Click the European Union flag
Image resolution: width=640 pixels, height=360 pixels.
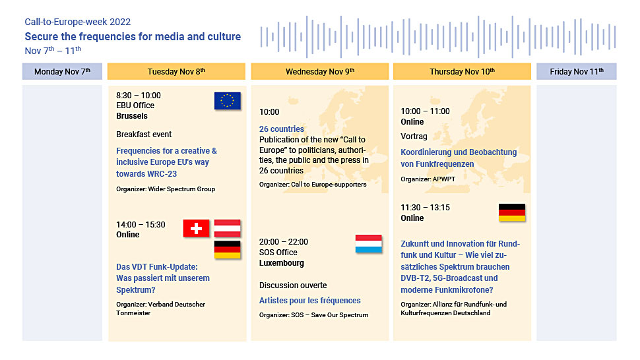coord(228,101)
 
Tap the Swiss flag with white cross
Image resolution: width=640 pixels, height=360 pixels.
coord(196,228)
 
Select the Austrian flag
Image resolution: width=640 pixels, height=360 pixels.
coord(228,228)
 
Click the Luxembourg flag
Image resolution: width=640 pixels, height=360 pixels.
coord(369,244)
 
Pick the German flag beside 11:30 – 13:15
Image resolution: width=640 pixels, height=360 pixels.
coord(512,212)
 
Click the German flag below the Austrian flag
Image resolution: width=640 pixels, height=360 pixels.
coord(228,249)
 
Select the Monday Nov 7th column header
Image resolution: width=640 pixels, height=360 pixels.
coord(62,71)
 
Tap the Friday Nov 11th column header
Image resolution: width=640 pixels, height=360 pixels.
coord(576,71)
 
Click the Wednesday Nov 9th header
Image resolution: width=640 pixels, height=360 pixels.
coord(319,71)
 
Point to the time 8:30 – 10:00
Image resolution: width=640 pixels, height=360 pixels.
coord(139,96)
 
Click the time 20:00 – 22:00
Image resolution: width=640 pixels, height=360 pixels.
coord(284,242)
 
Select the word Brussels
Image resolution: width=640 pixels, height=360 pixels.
coord(132,116)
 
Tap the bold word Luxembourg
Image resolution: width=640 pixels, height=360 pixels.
coord(282,263)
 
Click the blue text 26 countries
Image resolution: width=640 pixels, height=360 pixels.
coord(282,129)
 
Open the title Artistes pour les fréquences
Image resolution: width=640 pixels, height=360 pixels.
coord(310,301)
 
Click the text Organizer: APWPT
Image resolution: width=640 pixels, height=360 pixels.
coord(428,179)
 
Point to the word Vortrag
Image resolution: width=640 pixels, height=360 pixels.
coord(414,136)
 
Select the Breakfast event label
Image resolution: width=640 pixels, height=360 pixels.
coord(144,134)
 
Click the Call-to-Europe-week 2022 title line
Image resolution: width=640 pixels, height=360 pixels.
coord(78,22)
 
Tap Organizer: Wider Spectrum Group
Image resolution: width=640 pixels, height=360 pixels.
coord(166,189)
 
